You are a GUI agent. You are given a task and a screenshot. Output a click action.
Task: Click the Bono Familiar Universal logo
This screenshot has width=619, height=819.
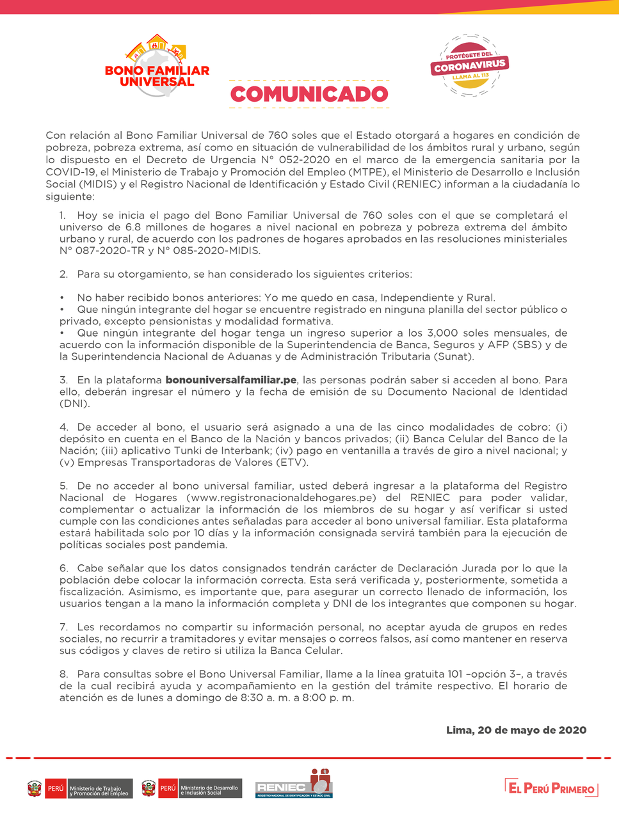click(x=157, y=67)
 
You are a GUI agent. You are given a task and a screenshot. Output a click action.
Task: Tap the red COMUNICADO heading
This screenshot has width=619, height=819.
click(x=309, y=94)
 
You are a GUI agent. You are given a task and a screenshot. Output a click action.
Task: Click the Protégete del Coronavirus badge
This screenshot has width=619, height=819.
click(x=469, y=66)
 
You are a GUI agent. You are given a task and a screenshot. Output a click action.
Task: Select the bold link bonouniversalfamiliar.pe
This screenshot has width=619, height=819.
click(x=231, y=380)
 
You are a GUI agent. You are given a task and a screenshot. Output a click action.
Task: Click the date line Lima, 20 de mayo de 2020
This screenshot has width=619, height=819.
click(x=516, y=730)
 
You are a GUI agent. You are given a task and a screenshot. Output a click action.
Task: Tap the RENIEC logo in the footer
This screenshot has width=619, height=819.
click(x=294, y=784)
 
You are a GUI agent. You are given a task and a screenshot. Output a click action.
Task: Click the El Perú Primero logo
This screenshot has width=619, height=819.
click(x=551, y=788)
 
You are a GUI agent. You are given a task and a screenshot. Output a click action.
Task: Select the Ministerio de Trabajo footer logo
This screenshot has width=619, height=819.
click(x=80, y=789)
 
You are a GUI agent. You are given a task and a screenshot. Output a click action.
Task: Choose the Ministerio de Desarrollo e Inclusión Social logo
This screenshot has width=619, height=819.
click(x=190, y=789)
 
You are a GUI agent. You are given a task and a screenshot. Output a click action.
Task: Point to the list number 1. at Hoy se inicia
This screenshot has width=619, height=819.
click(x=63, y=216)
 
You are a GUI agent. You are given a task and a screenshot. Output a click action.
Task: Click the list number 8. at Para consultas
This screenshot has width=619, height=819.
click(x=63, y=674)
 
